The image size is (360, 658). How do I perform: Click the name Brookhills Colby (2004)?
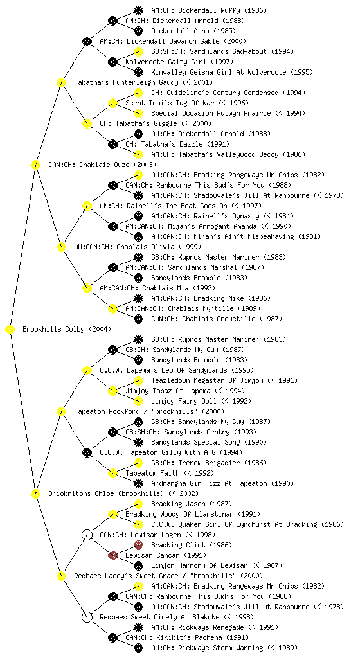(x=67, y=329)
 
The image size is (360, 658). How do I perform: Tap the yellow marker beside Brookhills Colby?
(x=10, y=329)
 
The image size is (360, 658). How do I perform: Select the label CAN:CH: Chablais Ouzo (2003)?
(x=102, y=164)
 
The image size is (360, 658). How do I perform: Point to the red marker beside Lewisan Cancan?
(x=113, y=555)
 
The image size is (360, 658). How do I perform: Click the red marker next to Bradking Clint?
(x=138, y=545)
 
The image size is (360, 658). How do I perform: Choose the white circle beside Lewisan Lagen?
(x=87, y=535)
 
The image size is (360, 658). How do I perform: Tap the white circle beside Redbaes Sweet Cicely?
(x=87, y=617)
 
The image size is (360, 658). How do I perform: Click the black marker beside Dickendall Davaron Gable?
(x=87, y=41)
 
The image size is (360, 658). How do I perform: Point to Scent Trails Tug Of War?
(x=170, y=103)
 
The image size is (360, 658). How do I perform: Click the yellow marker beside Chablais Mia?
(x=87, y=288)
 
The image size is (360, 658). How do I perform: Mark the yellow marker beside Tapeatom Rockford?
(x=61, y=411)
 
